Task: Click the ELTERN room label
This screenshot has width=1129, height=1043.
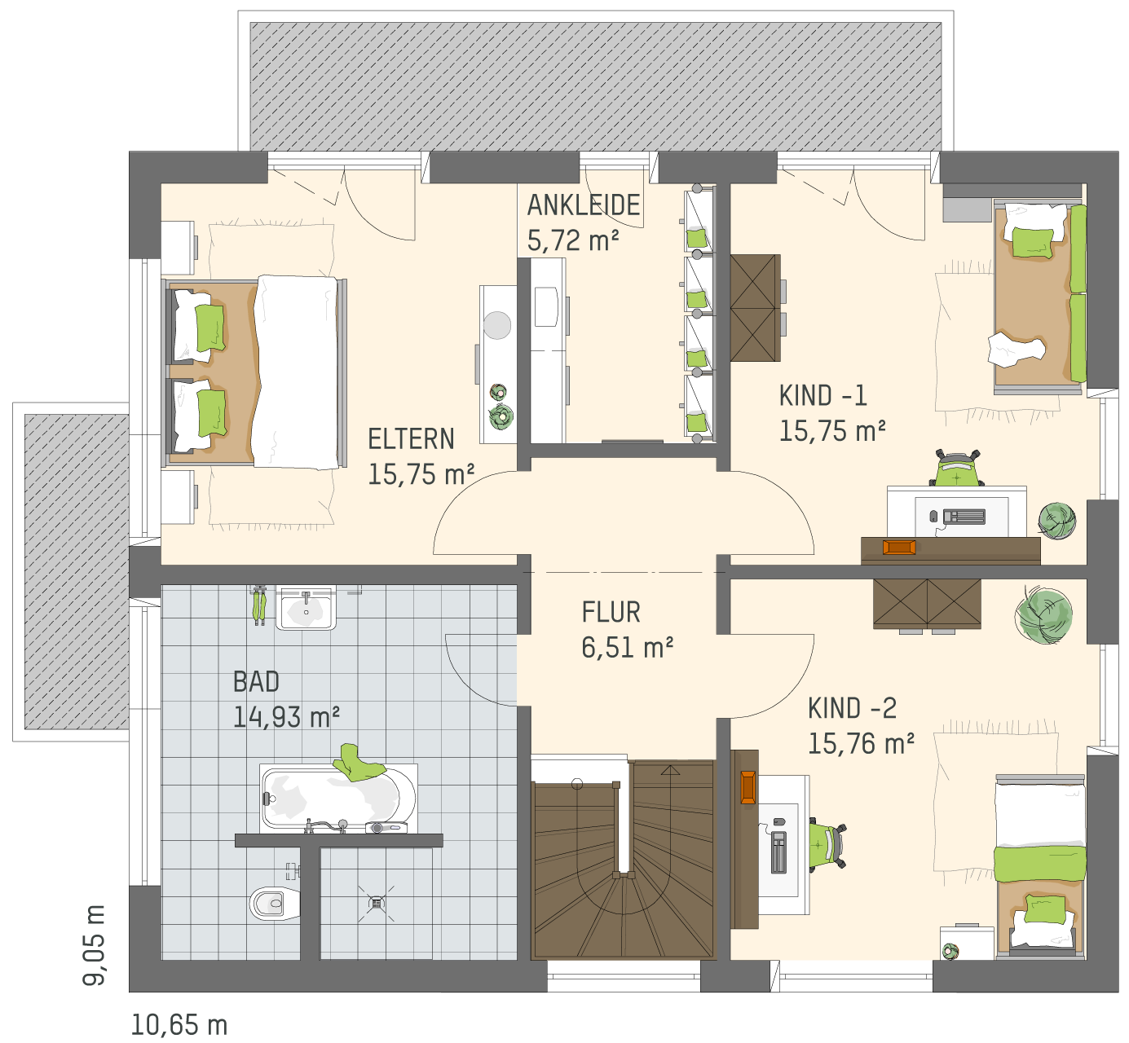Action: (411, 439)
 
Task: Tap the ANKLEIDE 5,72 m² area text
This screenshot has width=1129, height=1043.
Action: (572, 240)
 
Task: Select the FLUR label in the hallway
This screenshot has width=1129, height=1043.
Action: (611, 612)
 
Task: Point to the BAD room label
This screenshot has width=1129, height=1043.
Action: (256, 682)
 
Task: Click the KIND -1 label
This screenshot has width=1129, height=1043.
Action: (823, 395)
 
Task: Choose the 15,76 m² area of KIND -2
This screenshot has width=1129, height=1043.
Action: (861, 743)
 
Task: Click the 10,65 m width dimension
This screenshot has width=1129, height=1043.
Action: (179, 1026)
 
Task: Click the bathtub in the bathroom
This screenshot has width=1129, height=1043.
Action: (338, 799)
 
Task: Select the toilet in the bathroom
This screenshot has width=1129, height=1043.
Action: (274, 903)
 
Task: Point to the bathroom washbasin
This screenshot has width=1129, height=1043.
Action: (306, 610)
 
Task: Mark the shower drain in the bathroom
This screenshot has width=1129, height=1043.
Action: (377, 902)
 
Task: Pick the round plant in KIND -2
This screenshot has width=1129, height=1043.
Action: (1043, 616)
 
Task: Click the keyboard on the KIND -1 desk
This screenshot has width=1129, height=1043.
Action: (964, 517)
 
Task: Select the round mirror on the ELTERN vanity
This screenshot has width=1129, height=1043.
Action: (497, 325)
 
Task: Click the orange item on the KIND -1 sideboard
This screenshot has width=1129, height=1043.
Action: (899, 548)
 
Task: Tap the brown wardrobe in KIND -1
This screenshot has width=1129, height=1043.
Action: (754, 308)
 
